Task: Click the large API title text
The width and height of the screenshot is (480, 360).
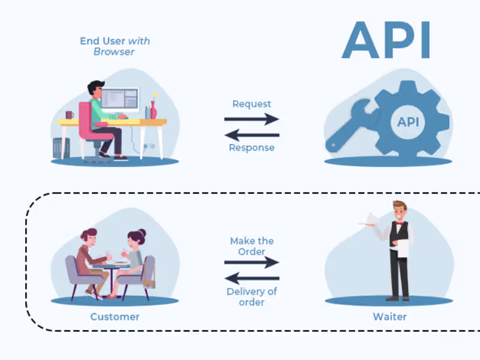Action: tap(386, 40)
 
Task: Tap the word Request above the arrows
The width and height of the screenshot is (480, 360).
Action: tap(251, 104)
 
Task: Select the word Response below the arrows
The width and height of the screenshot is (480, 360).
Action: tap(251, 148)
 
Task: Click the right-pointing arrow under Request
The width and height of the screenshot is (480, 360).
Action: tap(251, 119)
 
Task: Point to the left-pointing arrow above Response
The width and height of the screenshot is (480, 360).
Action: tap(251, 134)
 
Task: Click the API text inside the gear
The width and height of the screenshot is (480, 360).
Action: tap(409, 122)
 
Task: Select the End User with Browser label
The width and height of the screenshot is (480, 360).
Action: tap(115, 46)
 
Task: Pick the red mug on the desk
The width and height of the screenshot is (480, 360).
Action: tap(70, 114)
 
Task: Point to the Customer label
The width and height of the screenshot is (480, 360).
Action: tap(115, 316)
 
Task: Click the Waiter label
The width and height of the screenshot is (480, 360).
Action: tap(389, 316)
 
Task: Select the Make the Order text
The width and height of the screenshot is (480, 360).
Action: tap(251, 246)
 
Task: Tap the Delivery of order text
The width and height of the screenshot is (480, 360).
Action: tap(251, 297)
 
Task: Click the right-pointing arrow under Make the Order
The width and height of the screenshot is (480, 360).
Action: tap(251, 262)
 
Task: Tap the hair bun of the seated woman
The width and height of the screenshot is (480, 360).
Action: tap(141, 232)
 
